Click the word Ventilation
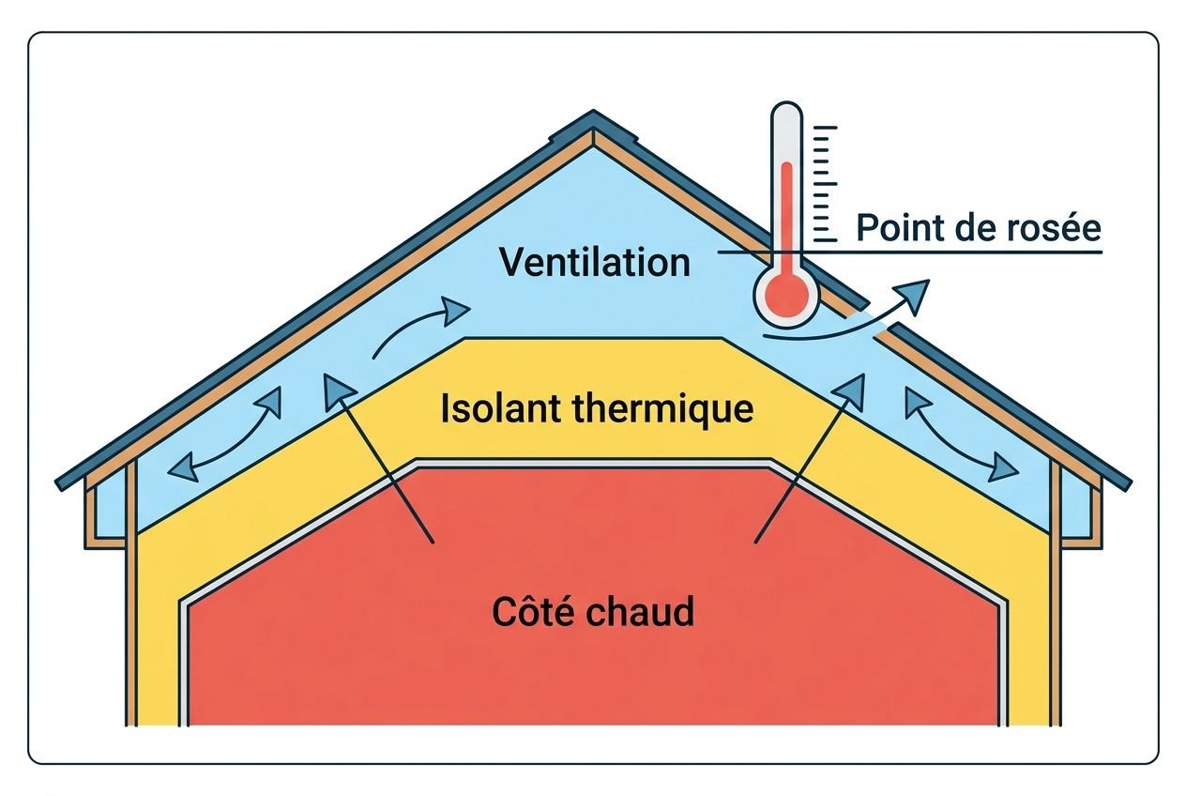point(595,261)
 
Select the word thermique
point(657,409)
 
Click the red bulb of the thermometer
point(786,296)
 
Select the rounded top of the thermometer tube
point(786,113)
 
